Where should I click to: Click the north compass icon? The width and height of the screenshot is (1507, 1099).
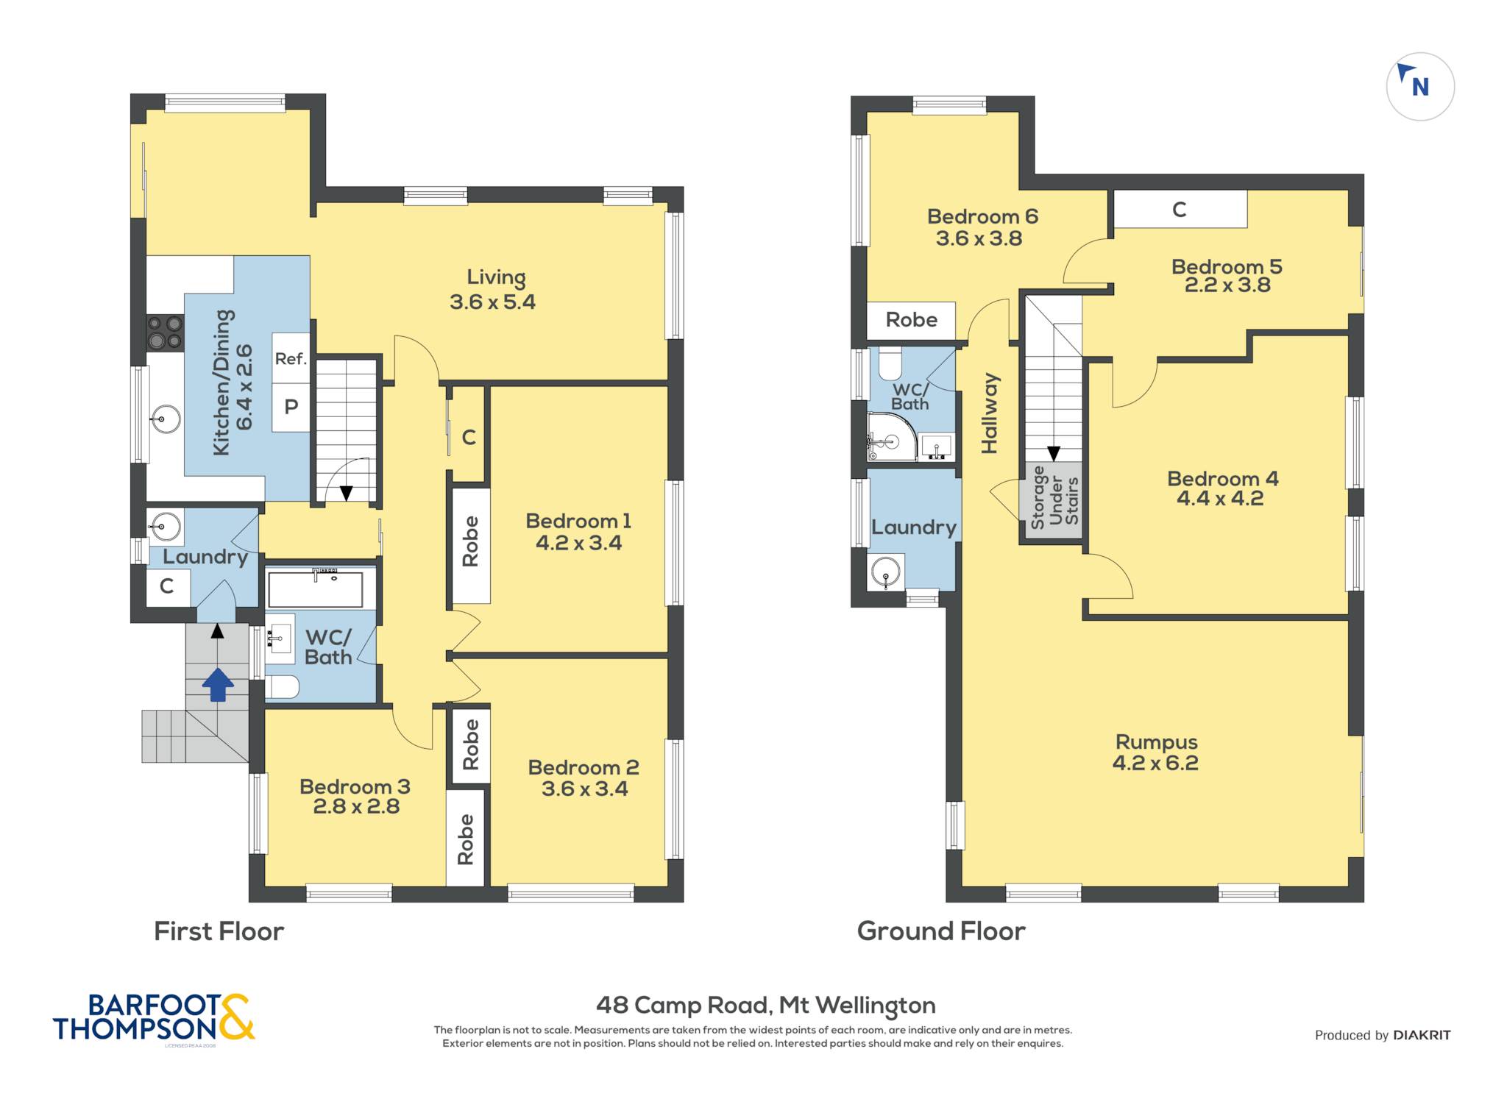coord(1419,86)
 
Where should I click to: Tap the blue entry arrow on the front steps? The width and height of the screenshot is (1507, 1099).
coord(218,684)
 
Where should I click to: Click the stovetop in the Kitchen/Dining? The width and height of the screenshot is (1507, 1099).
coord(165,332)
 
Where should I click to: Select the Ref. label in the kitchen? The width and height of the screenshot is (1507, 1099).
coord(291,359)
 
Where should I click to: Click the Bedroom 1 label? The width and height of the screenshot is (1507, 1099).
coord(578,532)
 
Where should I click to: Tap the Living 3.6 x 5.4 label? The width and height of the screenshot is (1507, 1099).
coord(493,289)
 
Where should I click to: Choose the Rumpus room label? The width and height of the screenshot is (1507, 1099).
coord(1156,752)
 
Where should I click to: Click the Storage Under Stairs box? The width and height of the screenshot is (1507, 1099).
coord(1053,499)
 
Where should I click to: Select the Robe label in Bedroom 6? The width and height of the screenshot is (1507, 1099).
coord(911,320)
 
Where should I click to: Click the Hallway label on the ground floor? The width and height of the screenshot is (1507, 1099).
coord(990,413)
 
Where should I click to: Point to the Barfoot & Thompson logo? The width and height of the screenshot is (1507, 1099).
coord(154,1018)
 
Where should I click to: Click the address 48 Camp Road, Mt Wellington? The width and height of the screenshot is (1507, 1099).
coord(765,1005)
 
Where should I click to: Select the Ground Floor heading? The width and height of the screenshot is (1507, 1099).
coord(941,931)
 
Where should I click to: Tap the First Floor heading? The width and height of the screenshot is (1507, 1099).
coord(219,931)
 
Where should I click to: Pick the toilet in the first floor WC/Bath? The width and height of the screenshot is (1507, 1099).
coord(282,687)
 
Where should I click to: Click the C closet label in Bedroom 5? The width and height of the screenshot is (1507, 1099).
coord(1179,210)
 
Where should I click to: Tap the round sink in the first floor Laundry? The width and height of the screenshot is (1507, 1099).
coord(166,526)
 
